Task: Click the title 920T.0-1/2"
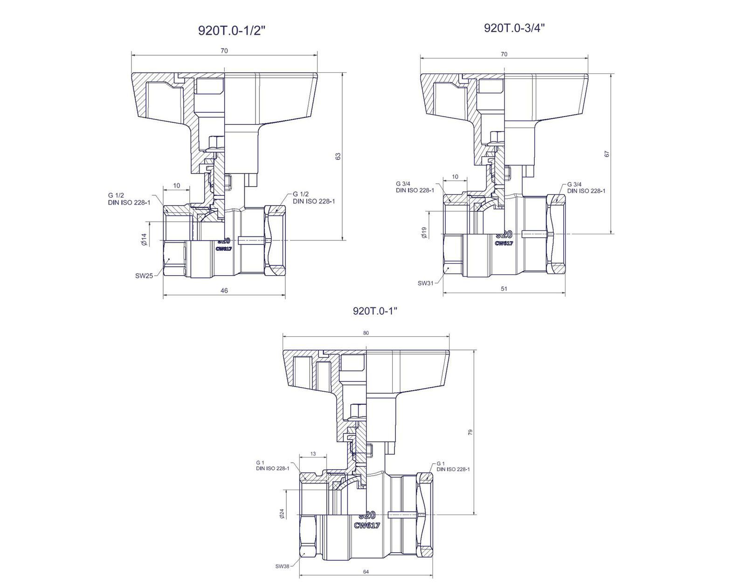pos(232,31)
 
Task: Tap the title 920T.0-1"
pos(375,311)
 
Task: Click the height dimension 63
pos(338,156)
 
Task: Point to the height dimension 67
pos(607,154)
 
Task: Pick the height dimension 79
pos(470,432)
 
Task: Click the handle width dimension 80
pos(366,333)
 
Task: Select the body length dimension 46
pos(224,291)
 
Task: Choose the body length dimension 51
pos(504,289)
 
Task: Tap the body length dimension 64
pos(366,572)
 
